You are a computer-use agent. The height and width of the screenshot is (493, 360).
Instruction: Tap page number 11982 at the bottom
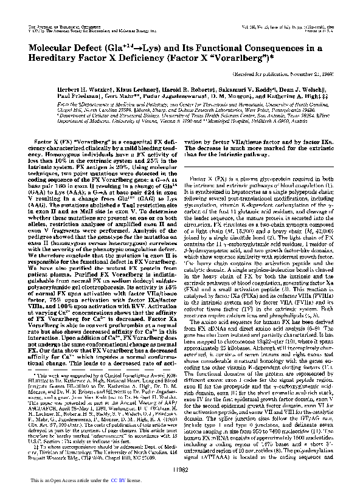tap(180, 470)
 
